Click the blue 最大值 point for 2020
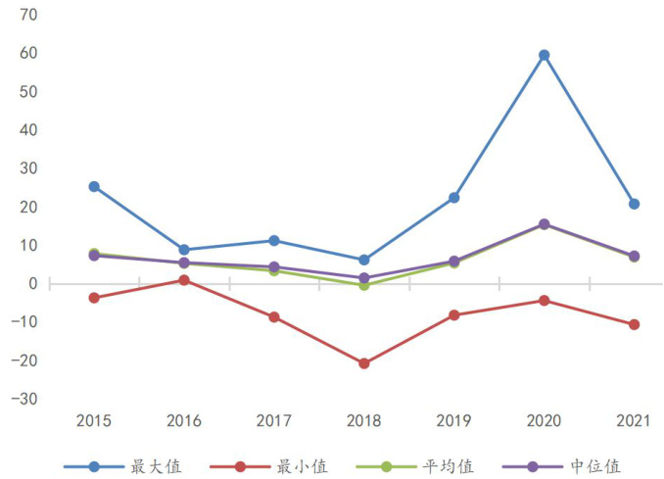click(545, 55)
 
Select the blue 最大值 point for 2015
click(94, 186)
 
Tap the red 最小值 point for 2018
click(364, 363)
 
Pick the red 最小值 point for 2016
click(184, 280)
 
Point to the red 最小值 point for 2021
click(634, 324)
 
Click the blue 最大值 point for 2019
click(454, 198)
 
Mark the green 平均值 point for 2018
click(364, 285)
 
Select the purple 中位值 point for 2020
click(545, 224)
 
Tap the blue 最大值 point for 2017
click(274, 240)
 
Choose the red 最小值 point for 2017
click(274, 317)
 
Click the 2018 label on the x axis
click(364, 420)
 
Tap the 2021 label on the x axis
click(634, 420)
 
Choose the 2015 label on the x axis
click(94, 420)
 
